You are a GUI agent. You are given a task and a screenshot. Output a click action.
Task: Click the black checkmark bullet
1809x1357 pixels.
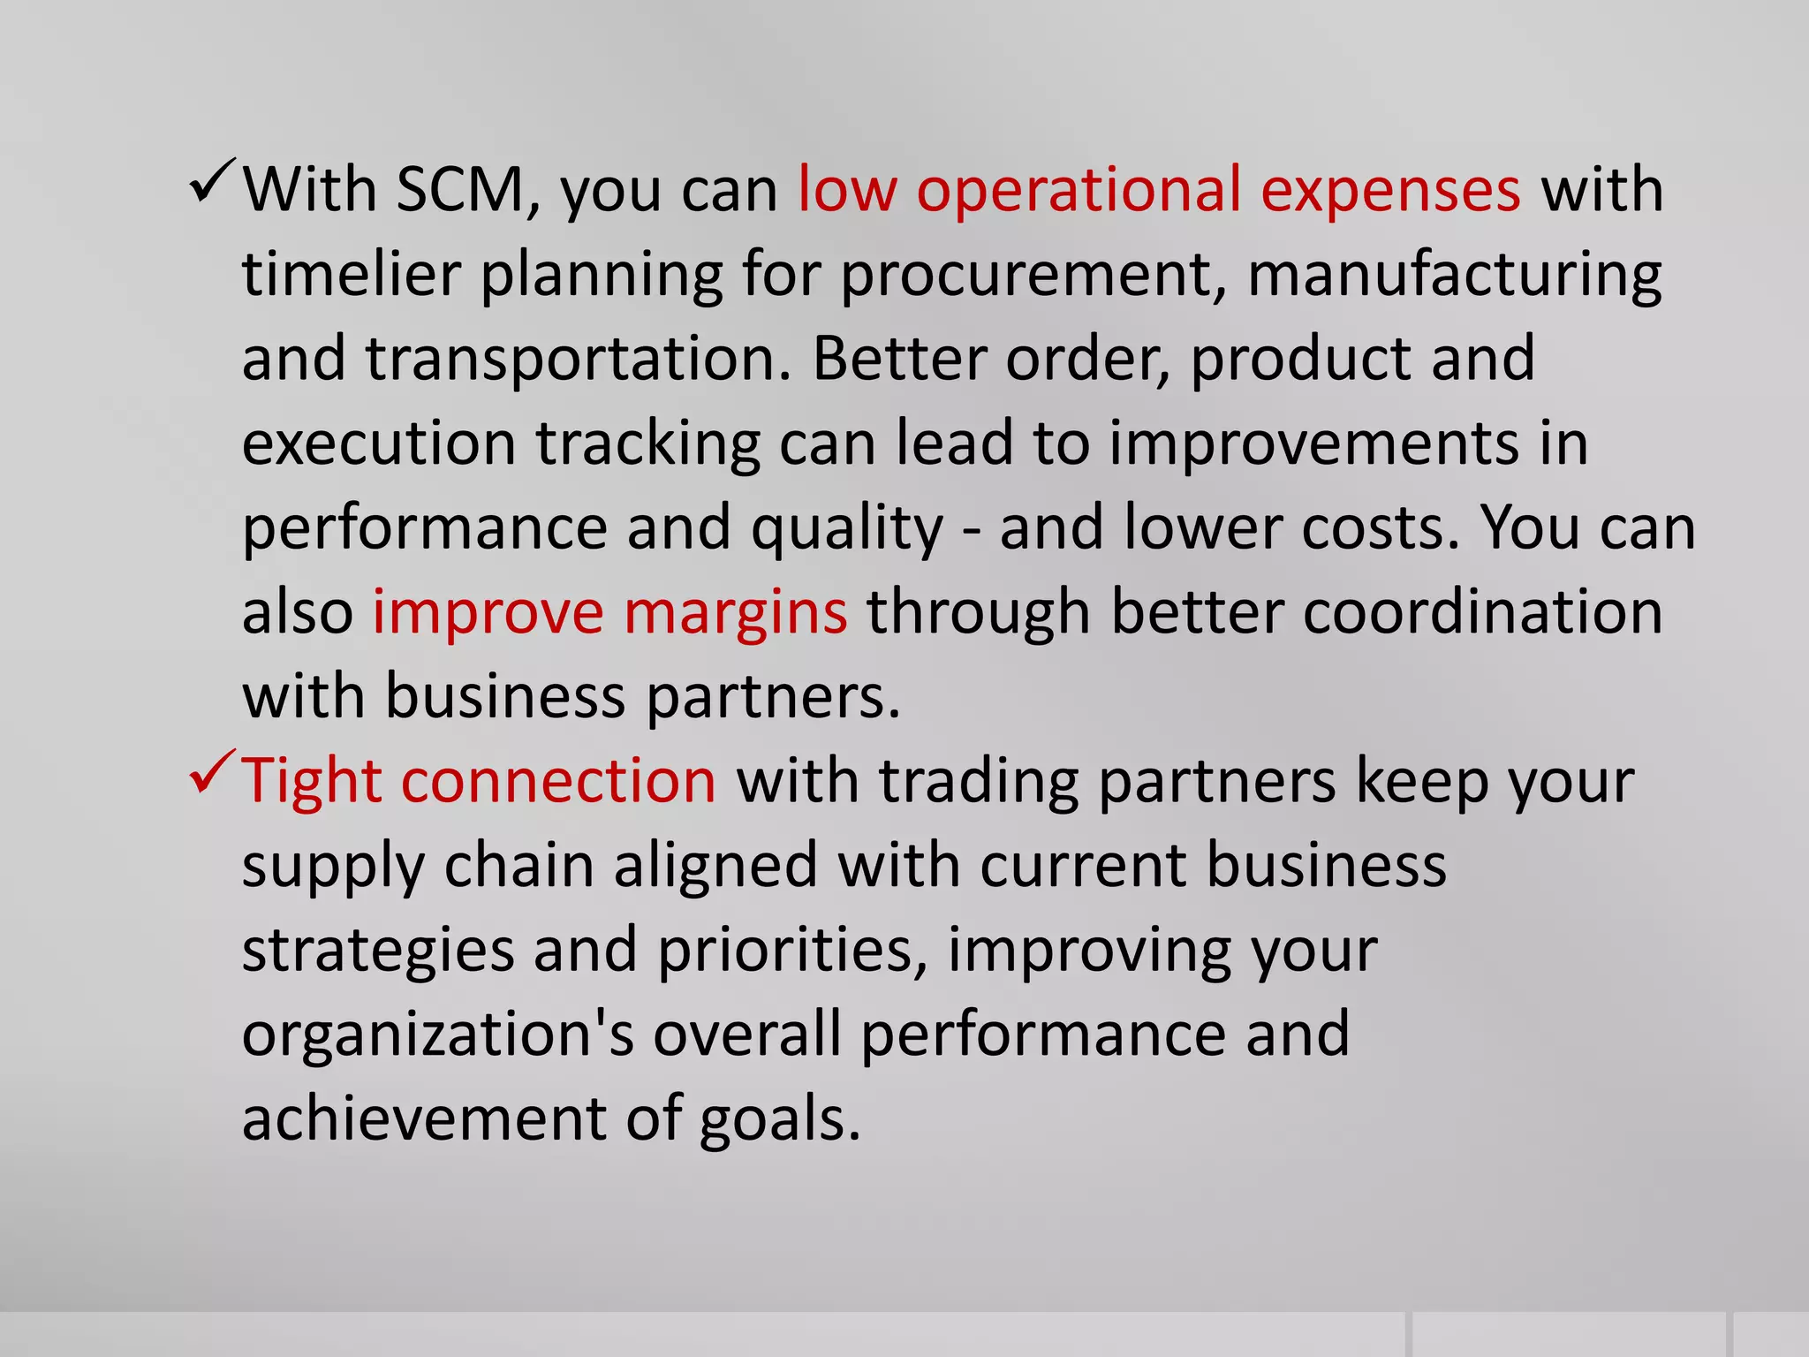tap(212, 181)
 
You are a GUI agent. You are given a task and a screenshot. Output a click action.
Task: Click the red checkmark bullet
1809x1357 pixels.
tap(212, 772)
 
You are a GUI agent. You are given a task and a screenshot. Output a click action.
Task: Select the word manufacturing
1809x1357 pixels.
tap(1454, 276)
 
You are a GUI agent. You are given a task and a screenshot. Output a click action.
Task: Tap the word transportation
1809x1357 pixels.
tap(578, 360)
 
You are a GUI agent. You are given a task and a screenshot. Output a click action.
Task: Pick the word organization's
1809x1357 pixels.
tap(437, 1035)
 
